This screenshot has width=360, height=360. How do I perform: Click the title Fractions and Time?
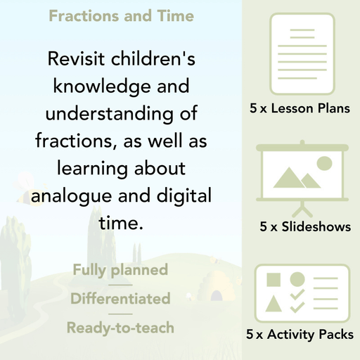click(x=122, y=15)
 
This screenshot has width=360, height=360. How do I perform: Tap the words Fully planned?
click(x=120, y=269)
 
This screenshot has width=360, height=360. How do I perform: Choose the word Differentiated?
click(x=120, y=299)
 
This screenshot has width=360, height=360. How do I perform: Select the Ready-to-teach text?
click(x=120, y=328)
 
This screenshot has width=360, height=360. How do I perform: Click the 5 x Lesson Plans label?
click(x=300, y=109)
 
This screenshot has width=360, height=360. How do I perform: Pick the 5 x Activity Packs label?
click(x=300, y=335)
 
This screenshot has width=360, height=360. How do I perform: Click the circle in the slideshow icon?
click(x=323, y=164)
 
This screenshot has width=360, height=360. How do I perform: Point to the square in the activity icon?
click(x=274, y=279)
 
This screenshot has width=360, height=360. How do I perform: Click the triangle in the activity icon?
click(x=274, y=303)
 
